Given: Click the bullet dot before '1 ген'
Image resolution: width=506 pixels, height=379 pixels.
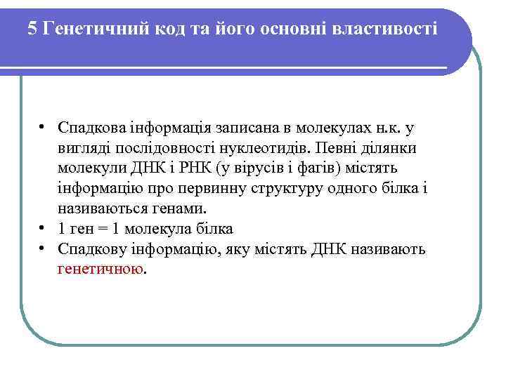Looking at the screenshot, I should click(43, 229).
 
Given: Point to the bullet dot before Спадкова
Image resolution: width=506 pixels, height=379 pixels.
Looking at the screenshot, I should click(43, 128).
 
